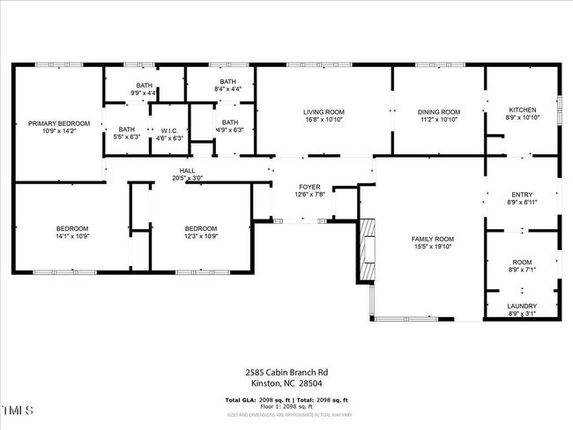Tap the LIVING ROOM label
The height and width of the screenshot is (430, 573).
click(324, 112)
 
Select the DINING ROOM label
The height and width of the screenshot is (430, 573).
click(439, 112)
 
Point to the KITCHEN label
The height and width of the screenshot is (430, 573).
click(523, 110)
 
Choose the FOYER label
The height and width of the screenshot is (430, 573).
click(309, 187)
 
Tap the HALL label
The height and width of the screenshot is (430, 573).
click(187, 171)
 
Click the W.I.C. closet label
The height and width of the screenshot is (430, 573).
click(167, 130)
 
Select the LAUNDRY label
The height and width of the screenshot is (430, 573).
click(522, 307)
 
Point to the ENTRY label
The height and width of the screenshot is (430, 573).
click(523, 195)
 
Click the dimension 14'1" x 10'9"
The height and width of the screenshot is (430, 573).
click(73, 236)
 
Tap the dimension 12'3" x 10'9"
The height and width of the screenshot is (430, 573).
click(201, 236)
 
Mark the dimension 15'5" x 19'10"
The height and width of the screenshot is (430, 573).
click(433, 247)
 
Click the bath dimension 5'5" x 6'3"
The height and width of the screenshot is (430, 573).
click(127, 137)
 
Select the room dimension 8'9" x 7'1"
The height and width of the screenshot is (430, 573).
click(523, 271)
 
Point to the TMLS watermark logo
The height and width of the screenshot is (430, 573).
click(18, 411)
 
